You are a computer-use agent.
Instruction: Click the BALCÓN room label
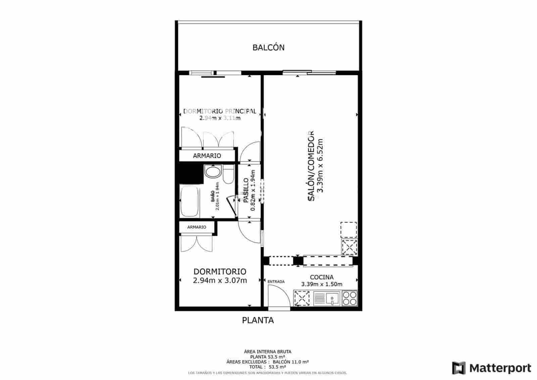[268, 48]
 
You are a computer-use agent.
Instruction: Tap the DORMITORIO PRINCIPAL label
[220, 111]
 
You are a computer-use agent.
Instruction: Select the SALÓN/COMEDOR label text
[311, 166]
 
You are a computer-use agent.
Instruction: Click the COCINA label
[322, 277]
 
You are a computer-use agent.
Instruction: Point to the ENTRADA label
[276, 282]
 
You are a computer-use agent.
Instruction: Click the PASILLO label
[246, 190]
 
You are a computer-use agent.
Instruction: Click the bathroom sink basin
[212, 173]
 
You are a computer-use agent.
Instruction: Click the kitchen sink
[327, 298]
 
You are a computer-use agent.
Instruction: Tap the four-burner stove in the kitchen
[349, 298]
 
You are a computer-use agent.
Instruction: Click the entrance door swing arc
[280, 295]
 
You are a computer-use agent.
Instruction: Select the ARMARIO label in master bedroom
[207, 156]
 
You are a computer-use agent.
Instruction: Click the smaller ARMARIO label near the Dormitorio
[197, 227]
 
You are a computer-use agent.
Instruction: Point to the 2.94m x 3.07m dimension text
[220, 280]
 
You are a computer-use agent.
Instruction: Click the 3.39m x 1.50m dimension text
[322, 284]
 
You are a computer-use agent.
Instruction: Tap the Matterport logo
[491, 368]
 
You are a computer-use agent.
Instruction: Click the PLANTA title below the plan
[258, 320]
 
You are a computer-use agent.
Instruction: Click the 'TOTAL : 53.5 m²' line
[267, 367]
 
